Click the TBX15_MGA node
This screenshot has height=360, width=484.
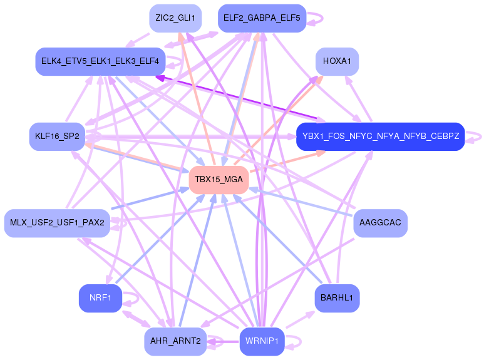219,180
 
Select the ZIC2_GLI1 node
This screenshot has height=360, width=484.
175,18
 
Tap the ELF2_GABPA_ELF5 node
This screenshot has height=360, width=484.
261,18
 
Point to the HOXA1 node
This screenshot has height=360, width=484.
337,61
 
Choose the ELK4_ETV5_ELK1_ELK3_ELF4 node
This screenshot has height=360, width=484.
100,61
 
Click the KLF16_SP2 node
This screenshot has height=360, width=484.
57,136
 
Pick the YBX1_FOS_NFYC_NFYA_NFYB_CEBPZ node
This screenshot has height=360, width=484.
380,136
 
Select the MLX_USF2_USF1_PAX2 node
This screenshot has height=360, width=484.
57,223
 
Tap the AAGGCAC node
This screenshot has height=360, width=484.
381,223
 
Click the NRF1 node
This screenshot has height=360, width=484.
100,298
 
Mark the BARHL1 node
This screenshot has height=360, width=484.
337,298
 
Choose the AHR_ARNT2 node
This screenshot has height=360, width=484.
175,341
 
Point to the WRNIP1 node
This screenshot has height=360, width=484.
262,341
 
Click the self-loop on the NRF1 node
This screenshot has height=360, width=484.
132,298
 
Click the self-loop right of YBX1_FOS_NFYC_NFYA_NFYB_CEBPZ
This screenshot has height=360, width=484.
476,136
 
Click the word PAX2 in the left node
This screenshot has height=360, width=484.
93,223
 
